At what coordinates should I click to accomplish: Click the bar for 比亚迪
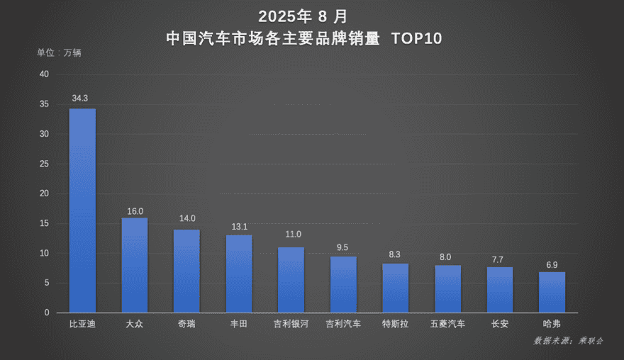(x=82, y=210)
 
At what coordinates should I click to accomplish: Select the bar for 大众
(x=135, y=265)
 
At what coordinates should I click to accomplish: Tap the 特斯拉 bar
(x=395, y=288)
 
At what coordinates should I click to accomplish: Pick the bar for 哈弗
(x=552, y=293)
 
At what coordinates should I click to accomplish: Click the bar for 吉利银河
(x=291, y=280)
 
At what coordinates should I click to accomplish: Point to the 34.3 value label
(x=80, y=99)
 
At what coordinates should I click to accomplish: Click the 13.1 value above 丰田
(x=239, y=227)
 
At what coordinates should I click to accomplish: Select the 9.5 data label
(x=342, y=247)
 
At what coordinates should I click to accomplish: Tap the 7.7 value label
(x=498, y=260)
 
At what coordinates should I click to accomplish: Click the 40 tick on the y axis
(x=44, y=74)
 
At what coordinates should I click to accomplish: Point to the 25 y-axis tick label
(x=44, y=164)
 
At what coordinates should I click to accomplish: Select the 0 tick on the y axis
(x=47, y=313)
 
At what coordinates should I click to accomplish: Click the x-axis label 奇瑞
(x=186, y=324)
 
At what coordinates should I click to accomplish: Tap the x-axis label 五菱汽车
(x=447, y=324)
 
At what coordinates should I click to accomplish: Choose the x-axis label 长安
(x=500, y=324)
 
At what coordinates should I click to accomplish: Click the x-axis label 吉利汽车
(x=343, y=324)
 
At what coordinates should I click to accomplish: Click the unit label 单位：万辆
(x=59, y=52)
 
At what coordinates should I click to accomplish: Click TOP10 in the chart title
(x=417, y=38)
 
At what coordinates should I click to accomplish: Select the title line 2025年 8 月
(x=303, y=17)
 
